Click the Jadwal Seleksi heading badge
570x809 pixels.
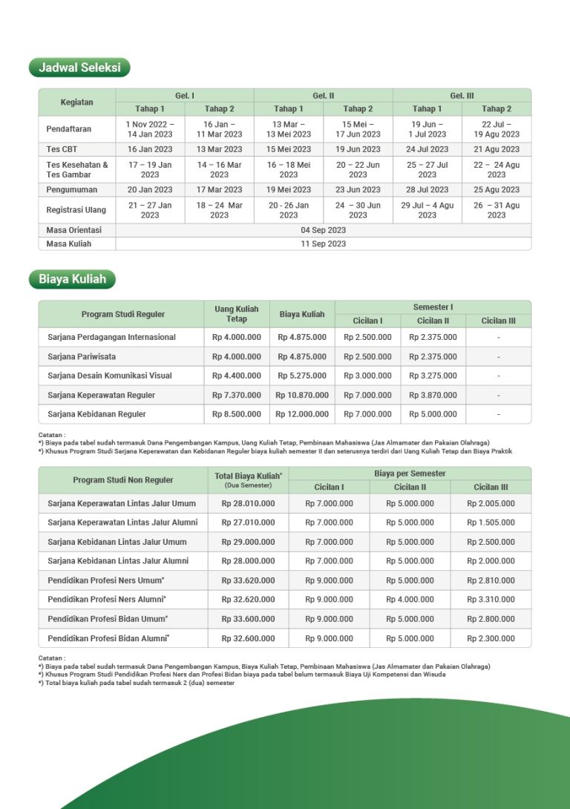click(79, 68)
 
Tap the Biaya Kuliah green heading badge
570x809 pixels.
click(72, 280)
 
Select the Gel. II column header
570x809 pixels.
click(323, 96)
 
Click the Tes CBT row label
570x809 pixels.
click(62, 149)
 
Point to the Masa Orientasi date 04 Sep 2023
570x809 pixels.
click(323, 230)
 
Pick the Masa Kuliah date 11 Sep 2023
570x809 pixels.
click(323, 243)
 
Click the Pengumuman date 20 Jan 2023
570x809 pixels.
click(150, 190)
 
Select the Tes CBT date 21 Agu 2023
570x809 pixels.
click(497, 149)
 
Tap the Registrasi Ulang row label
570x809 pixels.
click(75, 210)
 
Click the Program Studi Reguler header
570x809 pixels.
click(123, 314)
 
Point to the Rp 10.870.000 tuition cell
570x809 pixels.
click(302, 396)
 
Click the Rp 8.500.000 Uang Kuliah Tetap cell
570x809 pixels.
click(237, 414)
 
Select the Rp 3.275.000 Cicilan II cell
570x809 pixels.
click(433, 376)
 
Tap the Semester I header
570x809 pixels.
click(433, 307)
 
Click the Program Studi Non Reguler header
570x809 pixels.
click(123, 480)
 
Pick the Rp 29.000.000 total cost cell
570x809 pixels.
click(248, 543)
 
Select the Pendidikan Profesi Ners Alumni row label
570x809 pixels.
click(107, 600)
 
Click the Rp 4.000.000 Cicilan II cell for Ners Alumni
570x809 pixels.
click(410, 600)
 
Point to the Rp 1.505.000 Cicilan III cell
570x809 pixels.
click(491, 523)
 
